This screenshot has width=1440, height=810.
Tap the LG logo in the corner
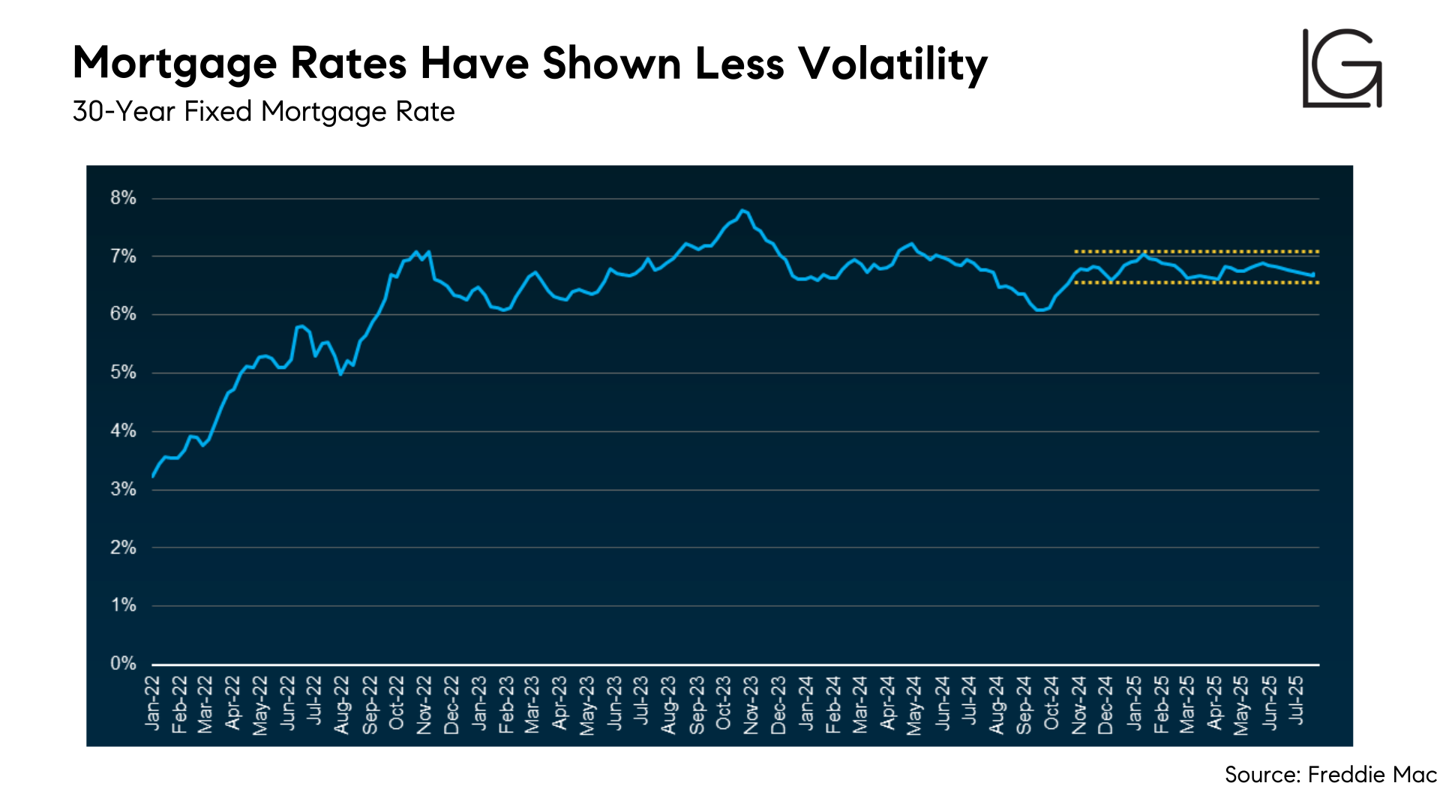1342,68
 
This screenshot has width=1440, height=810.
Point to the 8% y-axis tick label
123,198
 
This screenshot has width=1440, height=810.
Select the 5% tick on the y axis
123,373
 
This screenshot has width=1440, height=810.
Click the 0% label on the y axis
123,664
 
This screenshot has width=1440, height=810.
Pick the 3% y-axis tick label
123,490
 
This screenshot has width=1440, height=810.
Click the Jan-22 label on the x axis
153,703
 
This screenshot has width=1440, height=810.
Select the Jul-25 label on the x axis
1297,700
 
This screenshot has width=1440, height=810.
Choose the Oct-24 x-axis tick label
1051,703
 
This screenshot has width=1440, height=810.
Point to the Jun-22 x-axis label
288,703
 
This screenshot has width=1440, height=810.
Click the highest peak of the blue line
742,210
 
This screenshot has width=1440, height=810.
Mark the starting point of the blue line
153,476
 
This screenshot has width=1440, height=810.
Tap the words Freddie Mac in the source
1372,775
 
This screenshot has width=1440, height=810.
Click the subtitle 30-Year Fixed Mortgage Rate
264,112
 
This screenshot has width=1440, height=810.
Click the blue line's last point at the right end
1313,274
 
